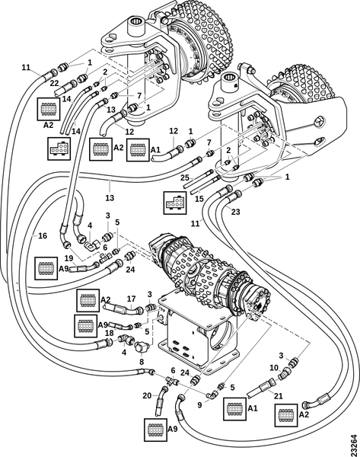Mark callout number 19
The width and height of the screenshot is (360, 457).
click(x=68, y=258)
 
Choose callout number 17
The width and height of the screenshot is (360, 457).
click(x=131, y=299)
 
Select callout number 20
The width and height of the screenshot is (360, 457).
click(x=147, y=395)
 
